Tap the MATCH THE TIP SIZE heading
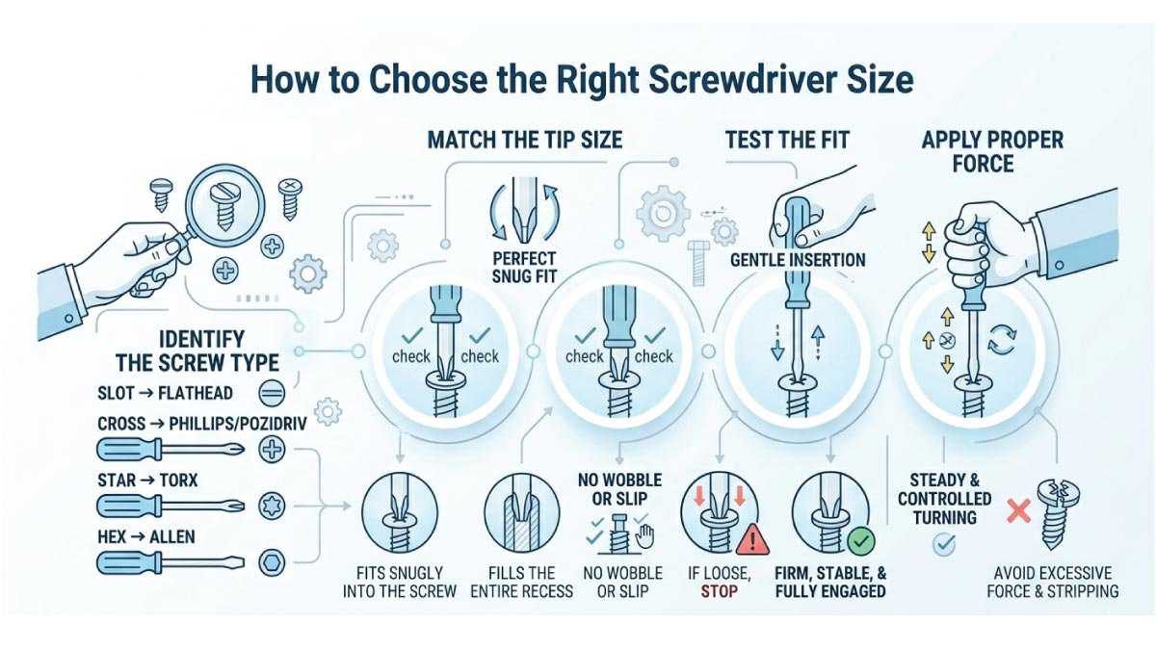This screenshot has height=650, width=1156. coord(525,140)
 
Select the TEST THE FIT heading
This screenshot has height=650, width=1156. coord(787,140)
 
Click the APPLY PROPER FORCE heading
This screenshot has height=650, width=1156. coord(992,151)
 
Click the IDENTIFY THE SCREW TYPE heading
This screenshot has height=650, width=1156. coord(197,351)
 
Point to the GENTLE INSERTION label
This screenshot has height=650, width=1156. coord(798,260)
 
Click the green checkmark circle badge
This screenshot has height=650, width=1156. coord(859,539)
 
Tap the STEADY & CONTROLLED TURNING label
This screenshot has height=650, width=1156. coord(945,498)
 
